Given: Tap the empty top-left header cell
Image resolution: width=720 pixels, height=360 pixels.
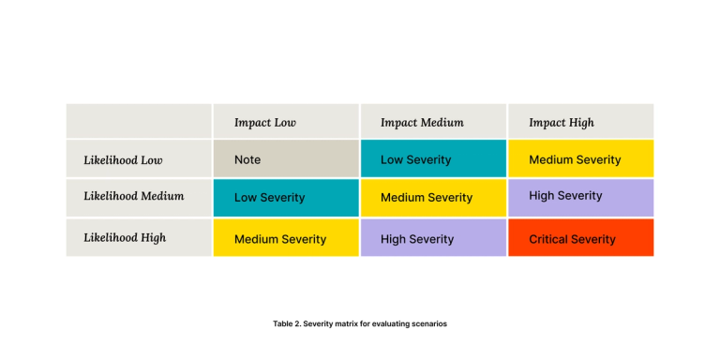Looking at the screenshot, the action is [139, 121].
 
